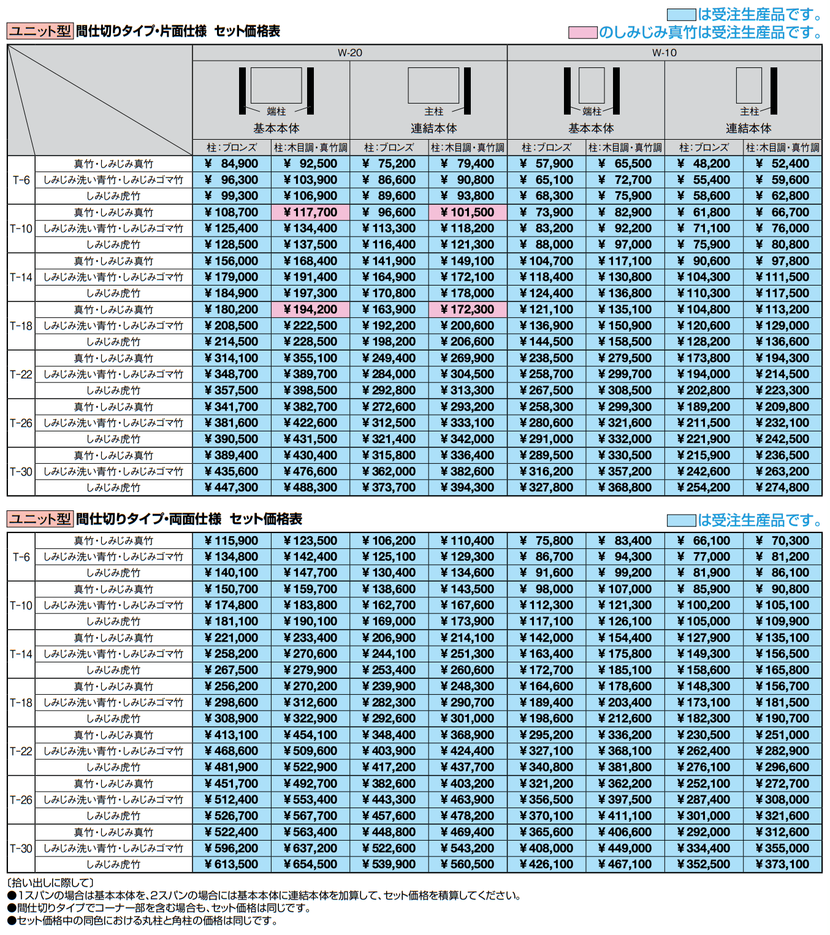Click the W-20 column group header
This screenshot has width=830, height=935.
[x=349, y=53]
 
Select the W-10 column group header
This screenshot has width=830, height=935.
[x=664, y=53]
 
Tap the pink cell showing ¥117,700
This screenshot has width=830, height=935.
[x=310, y=213]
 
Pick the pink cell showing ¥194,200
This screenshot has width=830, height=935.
[x=310, y=309]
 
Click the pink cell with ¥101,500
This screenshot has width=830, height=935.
[x=468, y=213]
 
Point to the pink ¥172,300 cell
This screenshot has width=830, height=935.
[x=468, y=309]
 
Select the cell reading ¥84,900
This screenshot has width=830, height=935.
[x=232, y=164]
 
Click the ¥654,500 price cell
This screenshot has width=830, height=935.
[x=310, y=865]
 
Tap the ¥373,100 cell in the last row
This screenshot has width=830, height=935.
[x=782, y=865]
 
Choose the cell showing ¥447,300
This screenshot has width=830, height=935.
[x=232, y=488]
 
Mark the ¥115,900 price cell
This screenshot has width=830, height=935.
[x=232, y=540]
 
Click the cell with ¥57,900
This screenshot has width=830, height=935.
[x=546, y=164]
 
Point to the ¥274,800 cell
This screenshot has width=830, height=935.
[x=782, y=488]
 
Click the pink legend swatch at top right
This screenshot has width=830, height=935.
[x=582, y=32]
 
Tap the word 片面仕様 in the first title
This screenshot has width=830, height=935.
[x=183, y=31]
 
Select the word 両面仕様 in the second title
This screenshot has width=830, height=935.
[x=197, y=519]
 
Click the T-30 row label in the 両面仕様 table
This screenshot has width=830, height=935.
[x=21, y=849]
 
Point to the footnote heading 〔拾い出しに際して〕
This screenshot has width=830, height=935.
[x=50, y=882]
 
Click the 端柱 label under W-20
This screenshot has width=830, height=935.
[x=276, y=112]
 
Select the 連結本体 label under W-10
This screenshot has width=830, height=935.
[x=748, y=129]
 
